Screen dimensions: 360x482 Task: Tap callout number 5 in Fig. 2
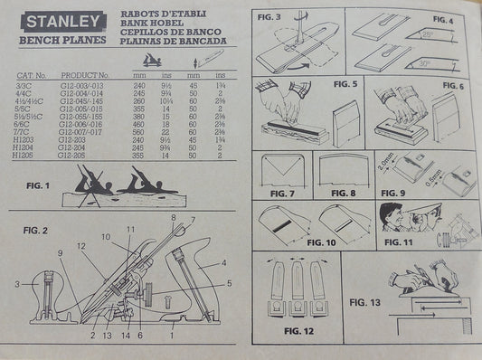[x=230, y=283]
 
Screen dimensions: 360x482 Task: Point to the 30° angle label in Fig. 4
[x=422, y=64]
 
